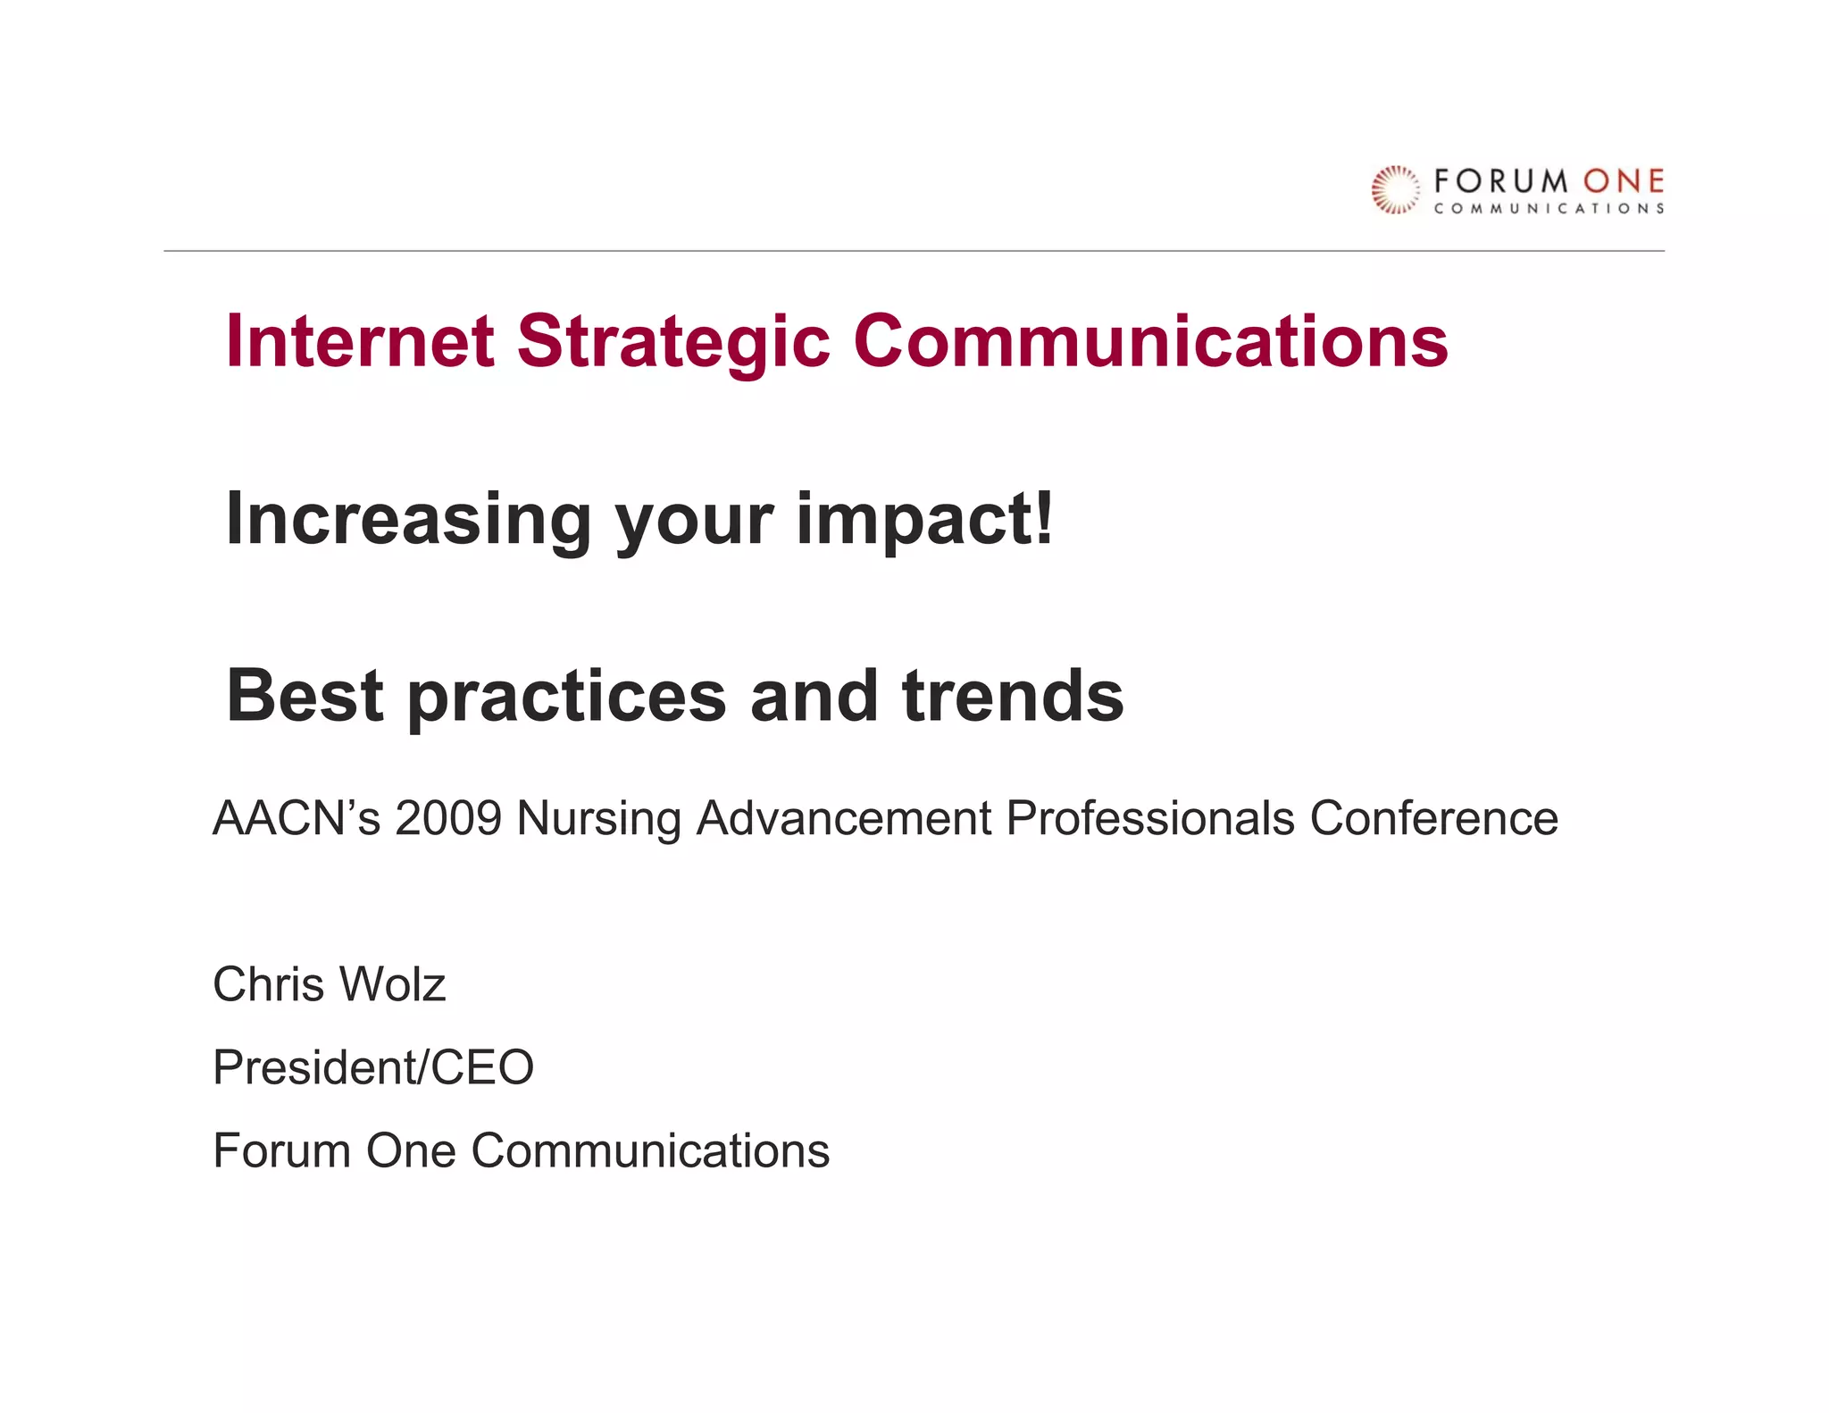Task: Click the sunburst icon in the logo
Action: tap(1395, 189)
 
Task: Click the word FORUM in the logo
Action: tap(1500, 182)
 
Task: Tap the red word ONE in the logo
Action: tap(1624, 182)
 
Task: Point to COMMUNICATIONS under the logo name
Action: tap(1549, 209)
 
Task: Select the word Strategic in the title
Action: tap(673, 341)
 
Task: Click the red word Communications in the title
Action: tap(1150, 341)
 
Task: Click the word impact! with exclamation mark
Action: tap(925, 520)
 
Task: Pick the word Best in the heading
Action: tap(305, 696)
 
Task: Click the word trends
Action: tap(1013, 696)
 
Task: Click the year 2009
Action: tap(449, 818)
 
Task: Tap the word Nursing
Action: tap(599, 818)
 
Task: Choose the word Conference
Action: tap(1433, 818)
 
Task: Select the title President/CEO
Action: tap(373, 1067)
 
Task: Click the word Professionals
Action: tap(1149, 818)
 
